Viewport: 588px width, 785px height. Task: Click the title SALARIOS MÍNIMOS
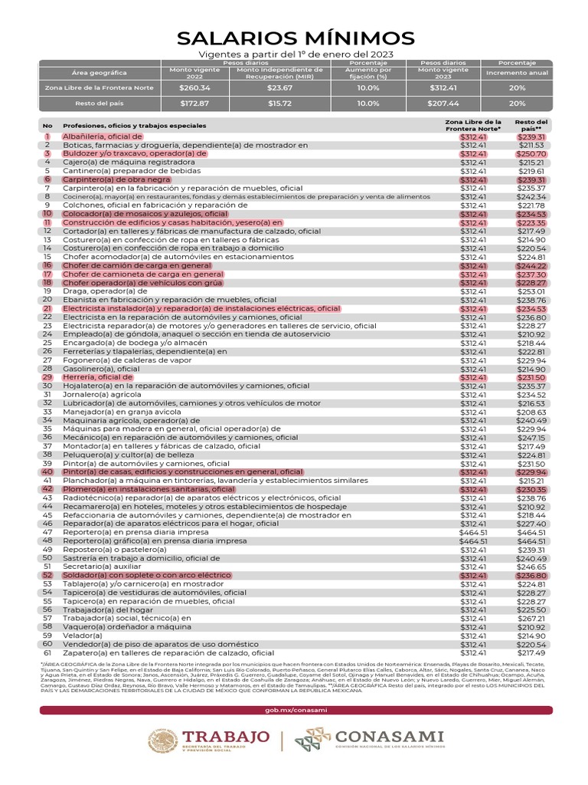295,38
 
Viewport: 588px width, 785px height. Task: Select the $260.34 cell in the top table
194,88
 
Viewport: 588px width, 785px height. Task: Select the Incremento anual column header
517,74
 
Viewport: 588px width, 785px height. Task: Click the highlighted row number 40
47,472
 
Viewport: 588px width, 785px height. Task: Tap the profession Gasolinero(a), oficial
101,369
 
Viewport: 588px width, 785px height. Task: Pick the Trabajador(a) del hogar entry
103,610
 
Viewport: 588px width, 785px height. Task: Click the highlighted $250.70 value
531,154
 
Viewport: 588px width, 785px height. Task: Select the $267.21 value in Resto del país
531,618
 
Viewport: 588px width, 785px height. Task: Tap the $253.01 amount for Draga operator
531,291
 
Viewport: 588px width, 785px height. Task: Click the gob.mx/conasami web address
295,711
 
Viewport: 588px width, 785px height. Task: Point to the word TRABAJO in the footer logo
226,737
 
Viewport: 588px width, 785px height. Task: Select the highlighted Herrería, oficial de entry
93,377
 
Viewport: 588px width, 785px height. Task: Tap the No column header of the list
47,126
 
